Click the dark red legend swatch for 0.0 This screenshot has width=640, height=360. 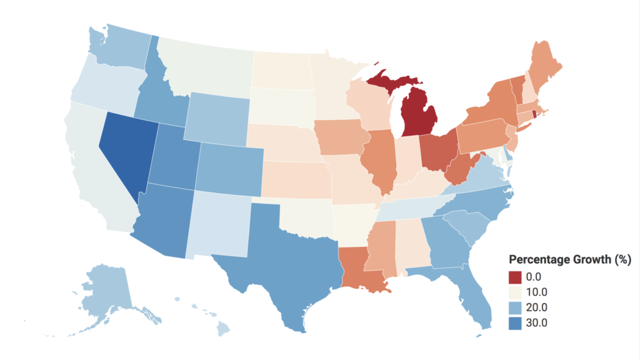[516, 276]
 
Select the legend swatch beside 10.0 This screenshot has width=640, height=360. [516, 292]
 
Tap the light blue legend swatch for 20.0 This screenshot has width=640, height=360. [516, 307]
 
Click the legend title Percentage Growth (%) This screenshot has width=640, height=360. [569, 259]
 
